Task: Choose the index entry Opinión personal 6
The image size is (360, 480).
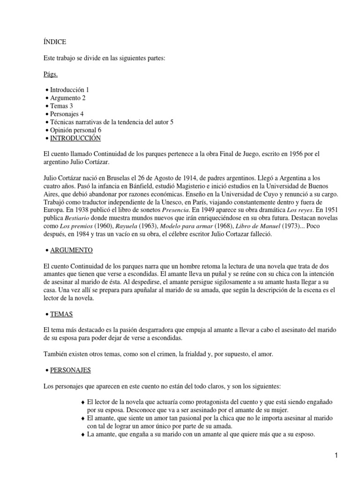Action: pyautogui.click(x=75, y=130)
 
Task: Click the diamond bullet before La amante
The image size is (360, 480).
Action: pyautogui.click(x=83, y=434)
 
